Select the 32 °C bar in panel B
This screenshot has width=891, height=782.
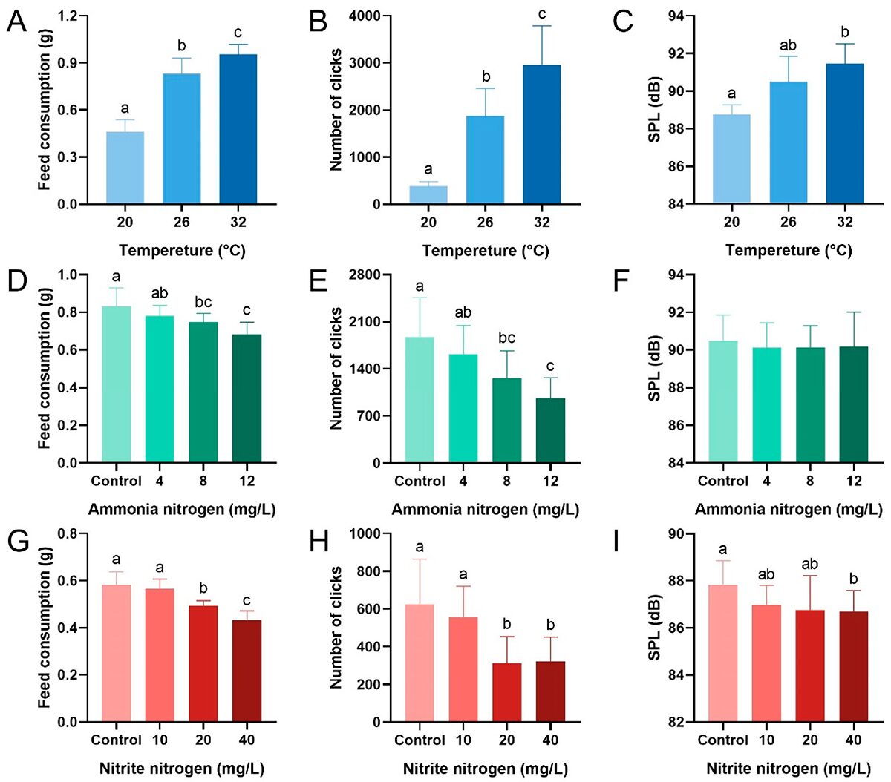[x=542, y=134]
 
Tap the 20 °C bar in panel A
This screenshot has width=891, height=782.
[x=125, y=168]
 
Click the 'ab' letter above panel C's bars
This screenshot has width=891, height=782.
[x=788, y=46]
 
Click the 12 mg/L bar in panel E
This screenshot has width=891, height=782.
[x=550, y=430]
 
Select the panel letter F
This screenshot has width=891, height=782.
[x=622, y=282]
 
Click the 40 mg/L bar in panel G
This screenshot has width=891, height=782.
[x=247, y=671]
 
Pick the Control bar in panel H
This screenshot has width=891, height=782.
[x=420, y=663]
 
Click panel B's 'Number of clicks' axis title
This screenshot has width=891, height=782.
[x=336, y=110]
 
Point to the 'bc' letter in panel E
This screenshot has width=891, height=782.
[x=506, y=338]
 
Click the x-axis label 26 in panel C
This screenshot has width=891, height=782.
[x=788, y=222]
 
